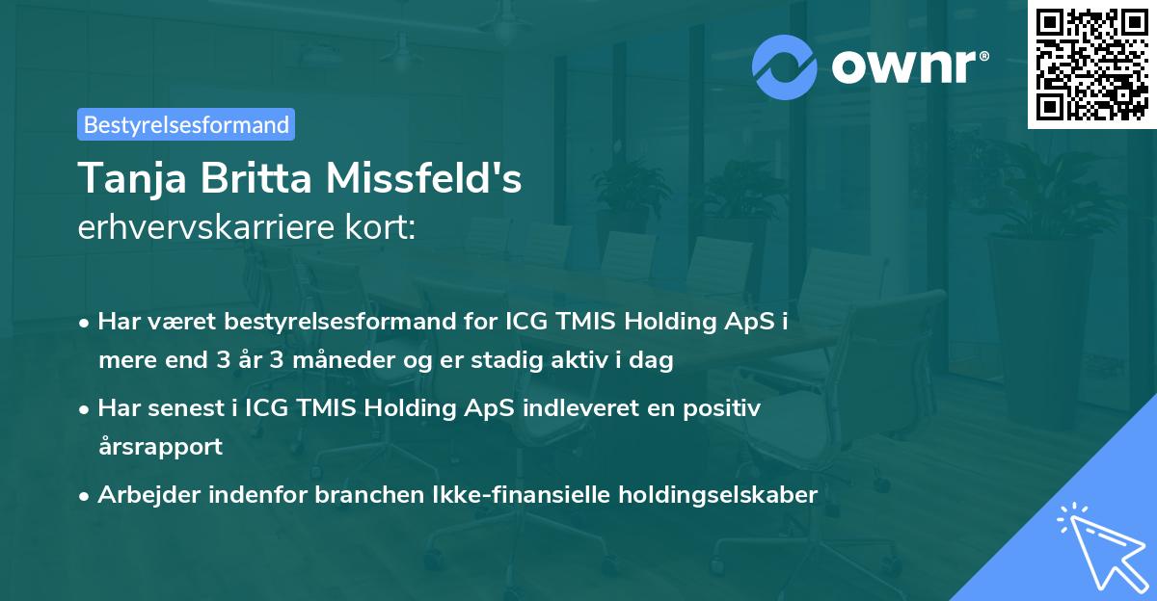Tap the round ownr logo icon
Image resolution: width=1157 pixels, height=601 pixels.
coord(784,66)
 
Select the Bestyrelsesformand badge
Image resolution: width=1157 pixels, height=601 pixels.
coord(186,124)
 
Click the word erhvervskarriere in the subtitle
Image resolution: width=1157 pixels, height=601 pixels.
coord(198,228)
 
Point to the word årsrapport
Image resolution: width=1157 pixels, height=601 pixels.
coord(160,448)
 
